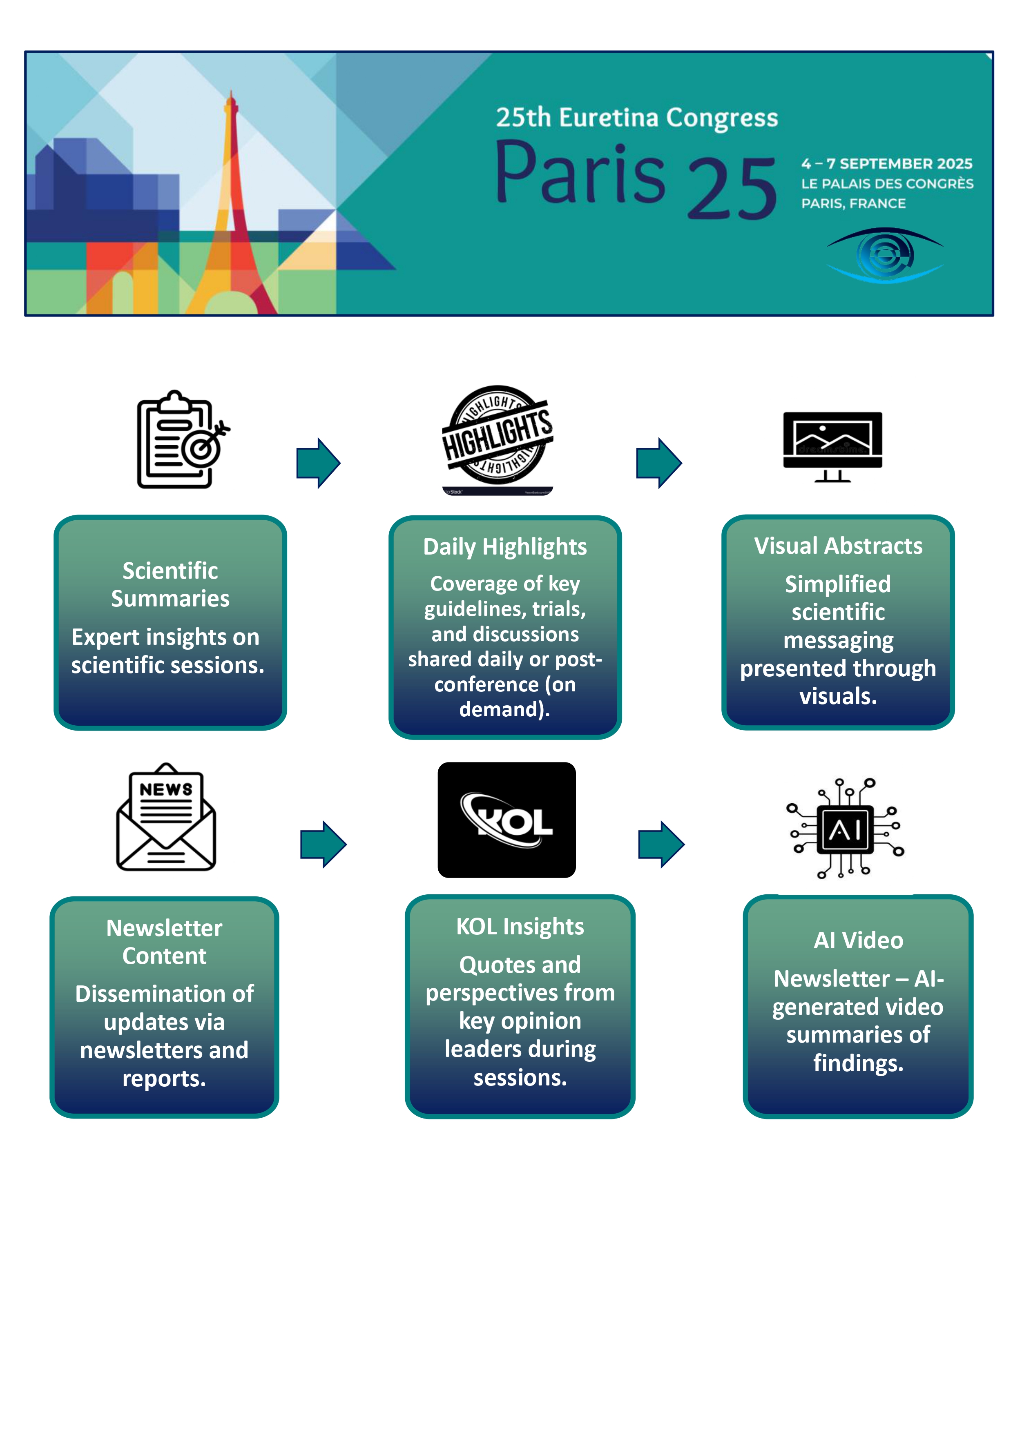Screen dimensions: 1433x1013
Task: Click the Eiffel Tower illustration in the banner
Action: click(x=230, y=206)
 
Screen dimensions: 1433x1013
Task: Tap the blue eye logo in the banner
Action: click(x=884, y=255)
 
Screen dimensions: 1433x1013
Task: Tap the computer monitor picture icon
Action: click(x=832, y=446)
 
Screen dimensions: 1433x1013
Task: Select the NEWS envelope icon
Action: click(x=166, y=817)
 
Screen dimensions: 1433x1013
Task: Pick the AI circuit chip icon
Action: click(x=845, y=829)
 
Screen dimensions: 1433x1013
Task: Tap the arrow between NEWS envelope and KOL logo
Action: click(x=324, y=845)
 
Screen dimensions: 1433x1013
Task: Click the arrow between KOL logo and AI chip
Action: click(x=662, y=845)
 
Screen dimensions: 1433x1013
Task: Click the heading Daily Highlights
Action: click(x=505, y=547)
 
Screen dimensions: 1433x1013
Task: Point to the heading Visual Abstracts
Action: click(x=838, y=546)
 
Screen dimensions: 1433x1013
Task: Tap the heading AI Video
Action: click(x=858, y=940)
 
